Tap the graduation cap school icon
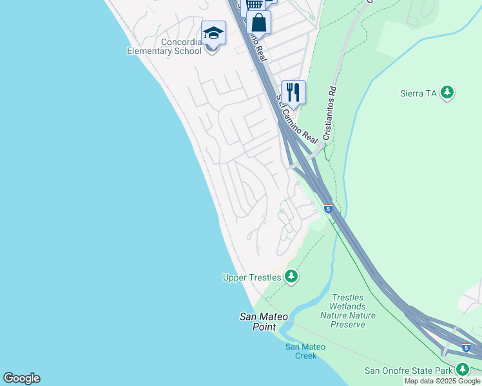pos(213,32)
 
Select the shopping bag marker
pos(258,23)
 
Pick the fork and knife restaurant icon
pos(293,92)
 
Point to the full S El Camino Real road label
pos(297,119)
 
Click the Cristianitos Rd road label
pos(330,114)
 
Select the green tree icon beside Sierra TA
pos(447,93)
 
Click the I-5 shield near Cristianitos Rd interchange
pos(329,209)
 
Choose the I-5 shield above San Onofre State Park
pos(466,348)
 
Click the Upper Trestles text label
pos(252,277)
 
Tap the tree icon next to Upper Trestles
pos(291,277)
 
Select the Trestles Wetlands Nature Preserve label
pos(348,311)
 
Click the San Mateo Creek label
pos(305,351)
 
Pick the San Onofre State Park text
pos(409,370)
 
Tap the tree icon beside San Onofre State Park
pos(463,369)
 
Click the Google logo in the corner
pos(21,378)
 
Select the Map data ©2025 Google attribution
pos(442,381)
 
